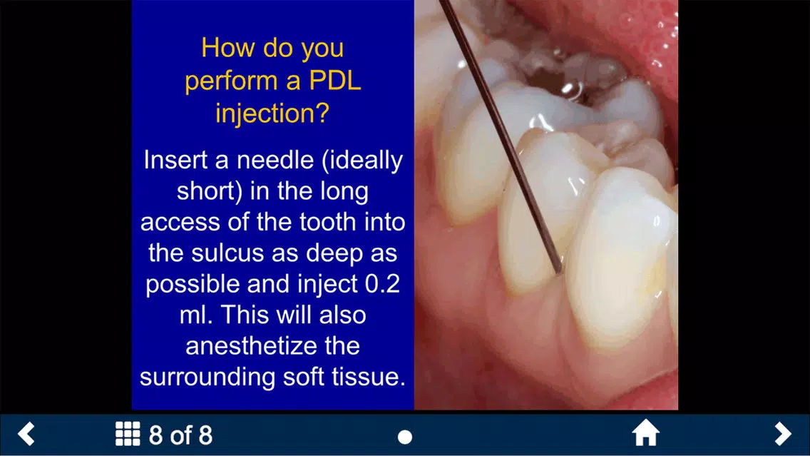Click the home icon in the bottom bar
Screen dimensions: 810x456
click(646, 433)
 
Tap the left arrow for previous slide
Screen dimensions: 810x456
click(26, 433)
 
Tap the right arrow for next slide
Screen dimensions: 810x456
click(783, 433)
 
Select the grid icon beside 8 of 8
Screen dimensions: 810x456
click(128, 433)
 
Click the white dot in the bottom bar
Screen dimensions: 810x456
click(405, 437)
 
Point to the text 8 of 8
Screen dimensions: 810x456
click(180, 435)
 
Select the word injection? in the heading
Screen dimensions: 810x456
click(272, 113)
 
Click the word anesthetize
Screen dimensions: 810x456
click(272, 346)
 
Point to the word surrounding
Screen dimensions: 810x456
click(207, 377)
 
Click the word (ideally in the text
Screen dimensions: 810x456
click(362, 161)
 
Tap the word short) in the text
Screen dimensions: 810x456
click(209, 191)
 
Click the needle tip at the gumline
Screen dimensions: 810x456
click(559, 271)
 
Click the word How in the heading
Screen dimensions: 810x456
click(228, 48)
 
